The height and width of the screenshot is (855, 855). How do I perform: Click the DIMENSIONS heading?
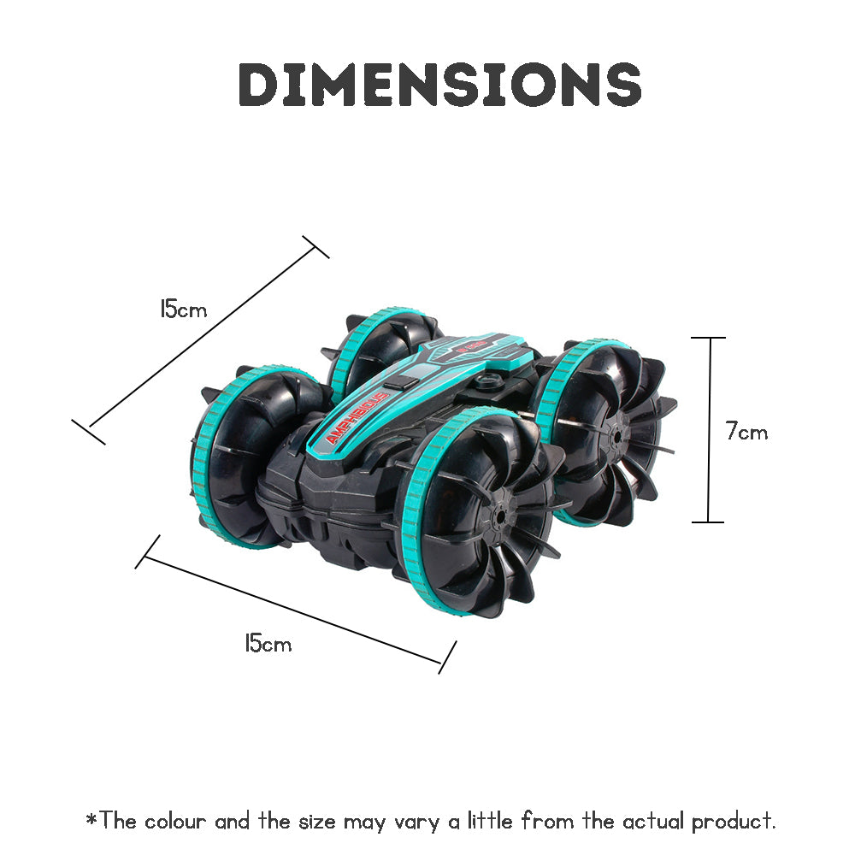pos(439,84)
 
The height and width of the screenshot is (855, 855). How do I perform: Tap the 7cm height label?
pos(746,431)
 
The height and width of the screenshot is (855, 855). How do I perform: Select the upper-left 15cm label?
pos(183,309)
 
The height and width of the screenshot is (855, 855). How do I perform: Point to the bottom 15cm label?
pos(268,643)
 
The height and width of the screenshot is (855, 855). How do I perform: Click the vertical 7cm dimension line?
pos(709,430)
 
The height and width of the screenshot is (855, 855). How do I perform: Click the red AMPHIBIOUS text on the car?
pos(357,416)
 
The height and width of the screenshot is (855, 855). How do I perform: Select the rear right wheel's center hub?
pos(616,434)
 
